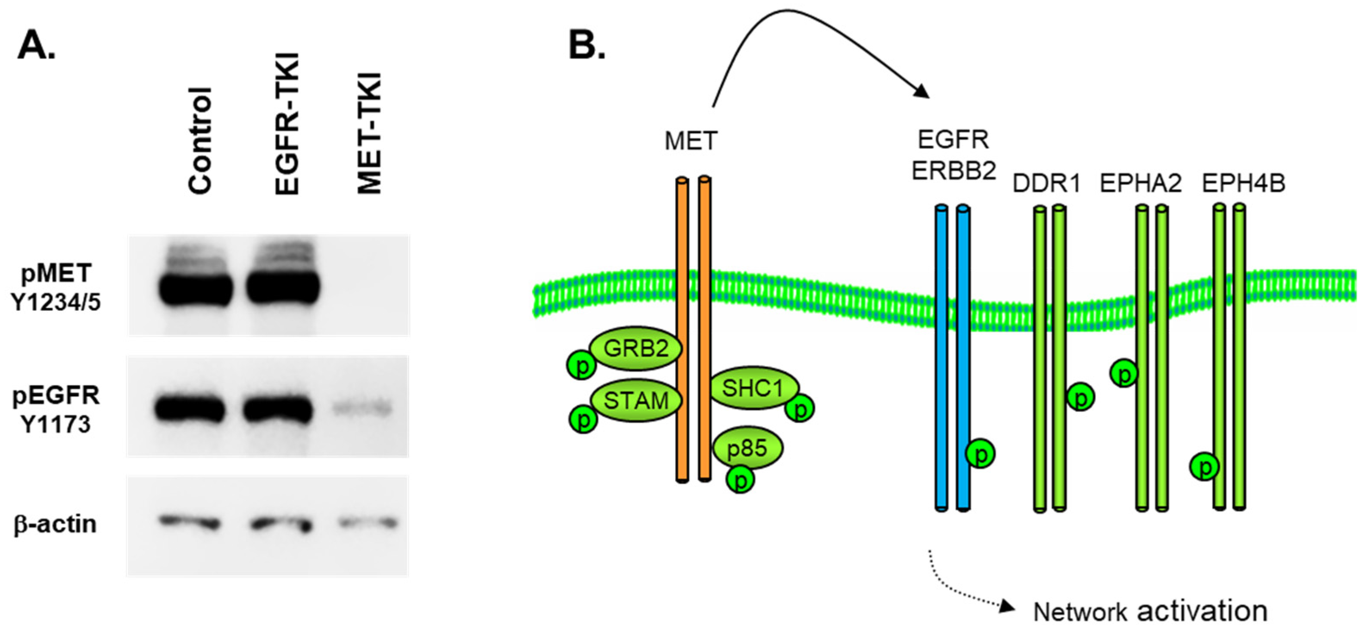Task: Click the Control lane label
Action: pos(201,141)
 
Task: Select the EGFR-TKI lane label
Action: pos(287,125)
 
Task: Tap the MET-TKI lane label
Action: pos(370,134)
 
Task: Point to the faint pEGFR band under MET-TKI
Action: pos(362,408)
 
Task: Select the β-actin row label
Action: pos(55,524)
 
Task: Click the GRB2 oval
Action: pos(636,349)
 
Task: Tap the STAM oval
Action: pos(636,400)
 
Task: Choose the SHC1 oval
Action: pos(753,388)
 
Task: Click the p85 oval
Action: pos(747,448)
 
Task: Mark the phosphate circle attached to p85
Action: pos(740,479)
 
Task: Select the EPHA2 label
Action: pos(1140,184)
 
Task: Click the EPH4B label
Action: pos(1243,184)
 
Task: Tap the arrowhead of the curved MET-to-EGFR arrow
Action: pos(923,92)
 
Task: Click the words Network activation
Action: pos(1150,611)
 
